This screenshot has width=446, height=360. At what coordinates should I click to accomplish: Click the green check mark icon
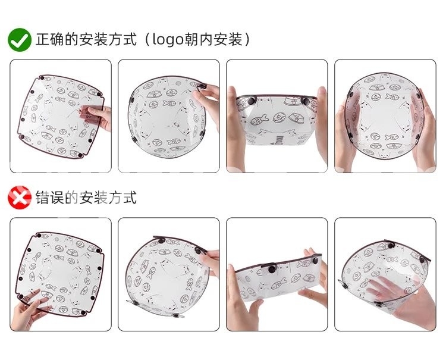[20, 39]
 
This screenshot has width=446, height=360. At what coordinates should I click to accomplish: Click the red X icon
[20, 198]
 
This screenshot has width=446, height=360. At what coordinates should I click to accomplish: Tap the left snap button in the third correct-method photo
[251, 101]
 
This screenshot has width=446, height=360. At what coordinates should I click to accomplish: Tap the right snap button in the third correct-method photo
[306, 101]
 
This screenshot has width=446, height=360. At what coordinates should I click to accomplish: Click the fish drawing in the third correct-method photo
[259, 120]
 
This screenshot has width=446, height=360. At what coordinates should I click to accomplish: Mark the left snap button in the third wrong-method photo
[272, 268]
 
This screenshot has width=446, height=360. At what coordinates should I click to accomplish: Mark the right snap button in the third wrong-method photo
[315, 261]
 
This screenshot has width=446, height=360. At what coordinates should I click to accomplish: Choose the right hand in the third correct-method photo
[321, 125]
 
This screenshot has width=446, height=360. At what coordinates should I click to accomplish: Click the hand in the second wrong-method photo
[210, 261]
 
